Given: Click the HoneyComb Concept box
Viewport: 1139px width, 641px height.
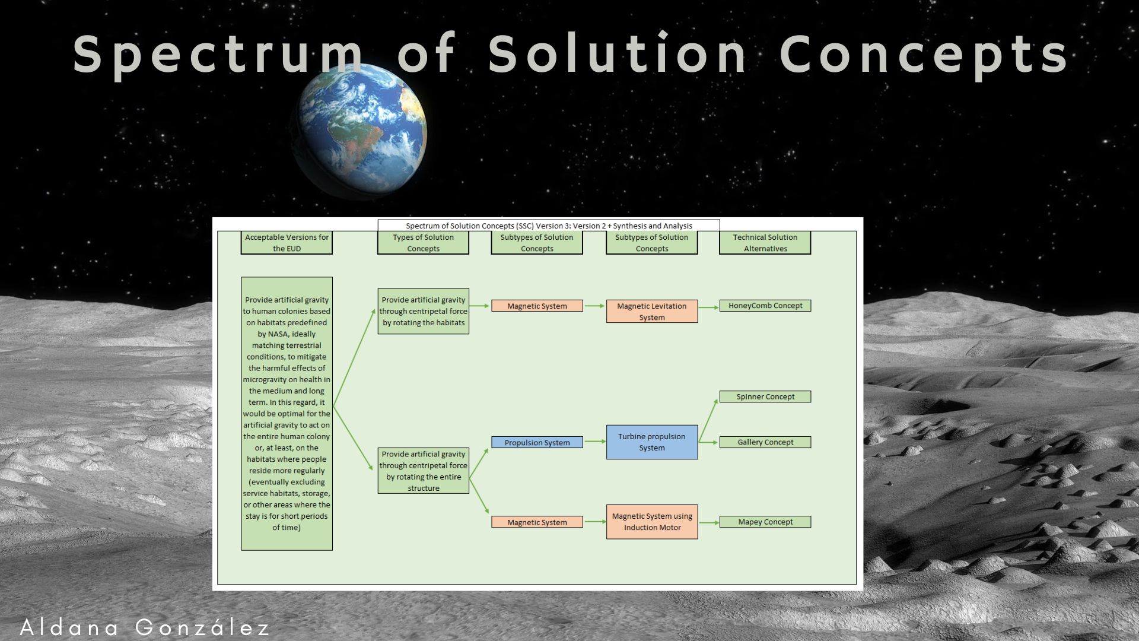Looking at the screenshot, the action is (765, 306).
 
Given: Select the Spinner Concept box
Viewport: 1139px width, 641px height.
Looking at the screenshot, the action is (765, 396).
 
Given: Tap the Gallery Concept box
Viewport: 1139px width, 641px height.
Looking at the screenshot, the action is (765, 442).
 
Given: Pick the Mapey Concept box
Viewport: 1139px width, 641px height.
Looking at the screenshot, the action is (765, 522).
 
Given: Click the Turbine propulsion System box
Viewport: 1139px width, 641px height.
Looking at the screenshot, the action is (652, 442).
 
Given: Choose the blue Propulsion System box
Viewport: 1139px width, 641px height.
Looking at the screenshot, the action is (537, 442).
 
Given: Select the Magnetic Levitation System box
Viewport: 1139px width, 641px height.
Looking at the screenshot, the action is (652, 312).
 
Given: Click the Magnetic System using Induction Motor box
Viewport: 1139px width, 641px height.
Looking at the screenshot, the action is (652, 522).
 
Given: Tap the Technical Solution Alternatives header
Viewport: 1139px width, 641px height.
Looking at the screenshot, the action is (765, 243).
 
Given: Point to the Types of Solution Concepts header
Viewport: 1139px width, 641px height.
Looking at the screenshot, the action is (423, 243).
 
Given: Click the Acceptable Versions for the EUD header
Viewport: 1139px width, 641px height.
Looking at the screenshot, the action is (287, 243).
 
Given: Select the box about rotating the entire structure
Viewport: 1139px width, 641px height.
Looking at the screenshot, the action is (423, 471).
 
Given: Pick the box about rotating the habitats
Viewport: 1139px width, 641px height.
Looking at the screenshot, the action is (423, 311).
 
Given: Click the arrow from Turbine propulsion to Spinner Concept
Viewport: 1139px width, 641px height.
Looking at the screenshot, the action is (708, 420).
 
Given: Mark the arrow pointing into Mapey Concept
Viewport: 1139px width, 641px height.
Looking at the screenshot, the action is (708, 522).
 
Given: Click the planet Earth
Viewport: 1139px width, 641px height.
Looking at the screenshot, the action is (360, 131).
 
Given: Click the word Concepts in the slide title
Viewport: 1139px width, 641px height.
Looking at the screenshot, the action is (924, 55).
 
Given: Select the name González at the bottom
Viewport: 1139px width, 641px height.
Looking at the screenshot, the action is (202, 627).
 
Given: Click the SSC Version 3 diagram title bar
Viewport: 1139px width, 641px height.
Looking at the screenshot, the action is (549, 226).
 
